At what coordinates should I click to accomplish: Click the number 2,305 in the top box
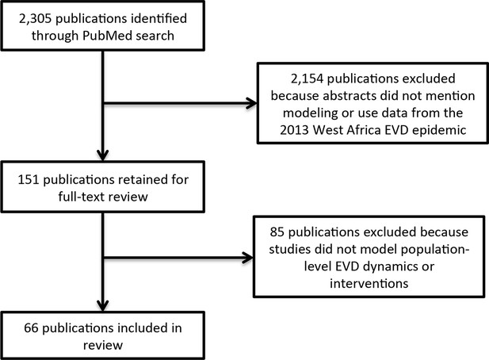[35, 19]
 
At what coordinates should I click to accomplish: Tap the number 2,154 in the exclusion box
[307, 79]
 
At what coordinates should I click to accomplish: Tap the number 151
[29, 180]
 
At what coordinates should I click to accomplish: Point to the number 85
[277, 232]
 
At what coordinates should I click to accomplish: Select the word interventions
[369, 284]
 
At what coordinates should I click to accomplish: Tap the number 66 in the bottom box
[31, 328]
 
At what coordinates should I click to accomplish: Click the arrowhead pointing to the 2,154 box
[251, 103]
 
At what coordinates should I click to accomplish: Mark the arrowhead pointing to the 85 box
[247, 258]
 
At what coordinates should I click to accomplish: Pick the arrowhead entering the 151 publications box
[103, 155]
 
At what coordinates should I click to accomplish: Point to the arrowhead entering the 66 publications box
[103, 306]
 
